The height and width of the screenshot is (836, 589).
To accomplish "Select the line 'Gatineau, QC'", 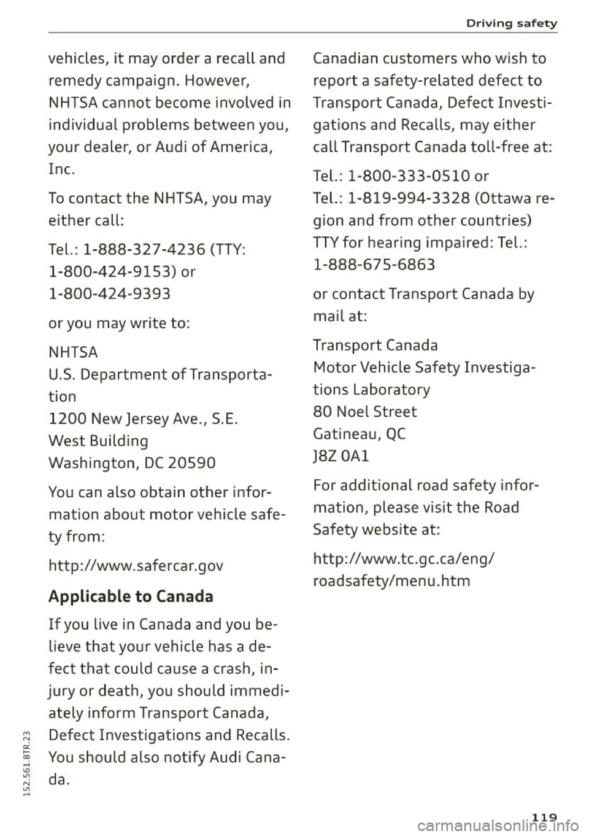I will click(x=359, y=433).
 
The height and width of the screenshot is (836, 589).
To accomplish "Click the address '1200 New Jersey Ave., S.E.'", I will click(x=157, y=419).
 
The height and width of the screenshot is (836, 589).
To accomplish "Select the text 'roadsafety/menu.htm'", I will click(x=391, y=580).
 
